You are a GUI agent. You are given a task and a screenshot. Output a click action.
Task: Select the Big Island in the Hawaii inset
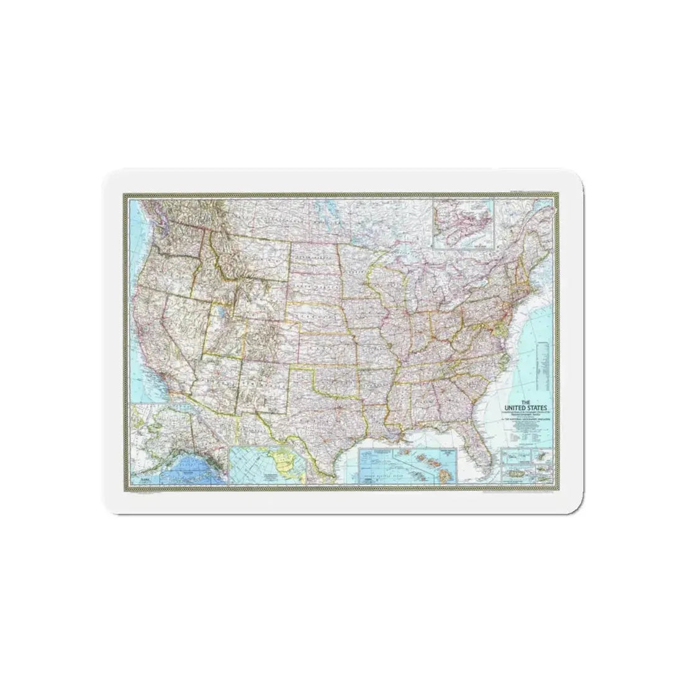coord(446,473)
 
